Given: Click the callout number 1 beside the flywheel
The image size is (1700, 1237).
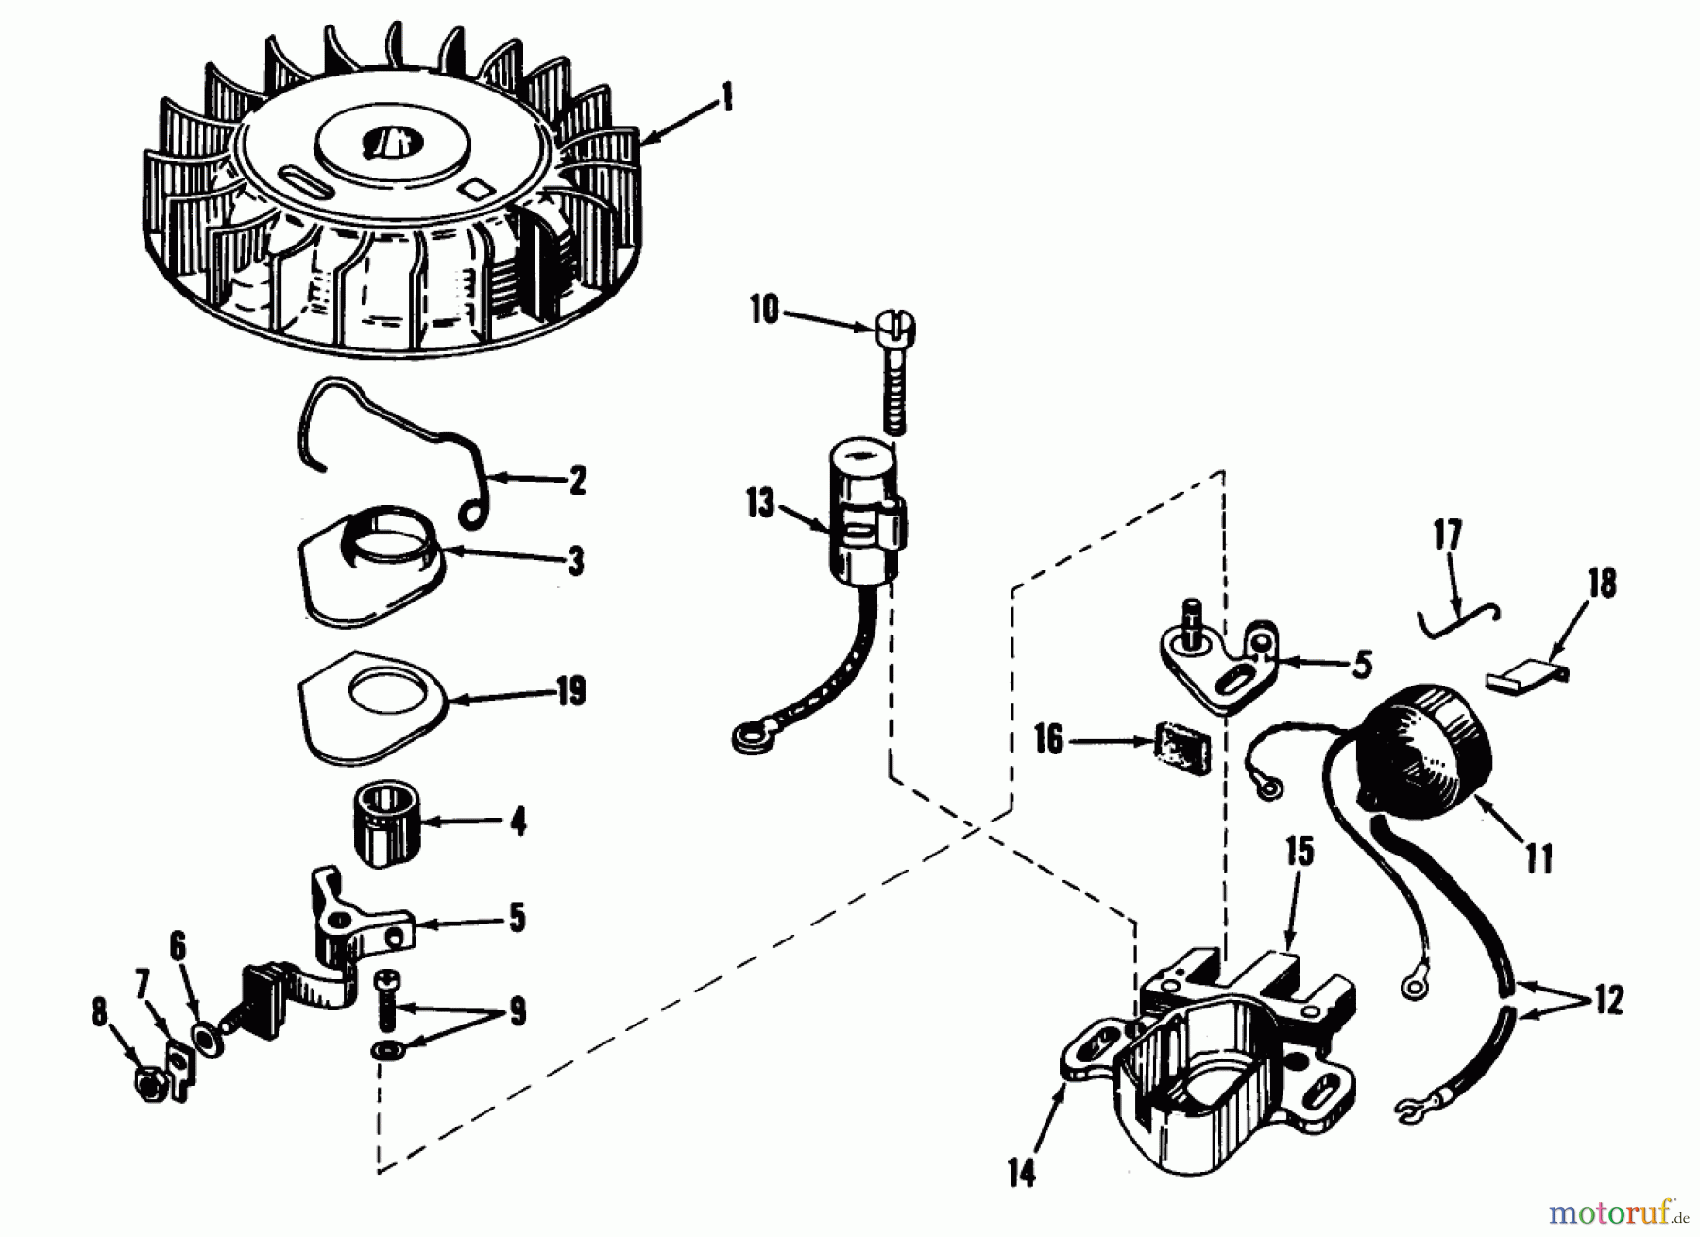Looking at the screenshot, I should [726, 98].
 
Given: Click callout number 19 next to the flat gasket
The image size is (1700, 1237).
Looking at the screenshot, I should [569, 692].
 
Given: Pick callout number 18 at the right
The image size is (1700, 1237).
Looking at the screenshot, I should [1603, 583].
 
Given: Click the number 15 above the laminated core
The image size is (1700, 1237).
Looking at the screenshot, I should [1299, 852].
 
